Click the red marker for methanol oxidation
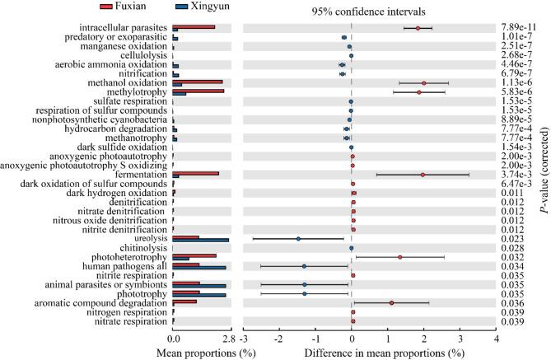coord(423,82)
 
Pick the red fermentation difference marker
coord(423,175)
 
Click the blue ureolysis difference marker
coord(298,238)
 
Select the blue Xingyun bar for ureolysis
coord(201,240)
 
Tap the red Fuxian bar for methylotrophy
coord(198,91)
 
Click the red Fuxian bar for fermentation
coord(196,173)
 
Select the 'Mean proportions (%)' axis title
coord(201,353)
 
